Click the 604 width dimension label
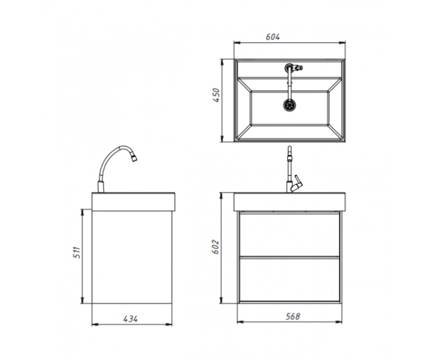tap(273, 37)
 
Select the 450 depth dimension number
tap(216, 95)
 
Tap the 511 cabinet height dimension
tap(76, 252)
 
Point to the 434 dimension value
tap(130, 319)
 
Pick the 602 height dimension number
tap(215, 247)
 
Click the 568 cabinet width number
tap(293, 316)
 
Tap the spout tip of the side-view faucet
tap(135, 159)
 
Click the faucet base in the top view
tap(288, 67)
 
